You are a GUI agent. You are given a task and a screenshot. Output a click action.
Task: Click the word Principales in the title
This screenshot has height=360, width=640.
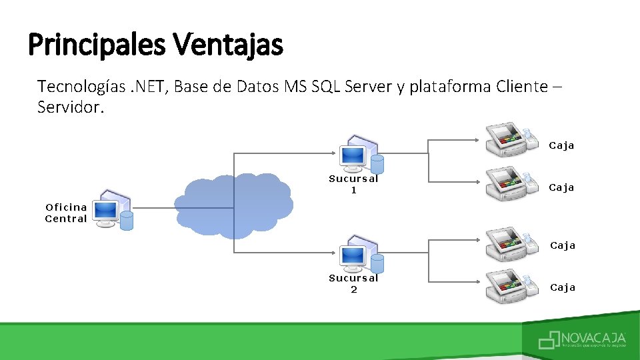(x=98, y=45)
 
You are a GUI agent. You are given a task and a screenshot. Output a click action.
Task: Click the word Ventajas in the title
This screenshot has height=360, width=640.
(x=229, y=45)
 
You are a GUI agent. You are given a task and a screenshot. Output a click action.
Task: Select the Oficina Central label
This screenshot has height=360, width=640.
(x=66, y=213)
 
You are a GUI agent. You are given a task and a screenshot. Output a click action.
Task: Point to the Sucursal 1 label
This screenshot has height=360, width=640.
(x=353, y=184)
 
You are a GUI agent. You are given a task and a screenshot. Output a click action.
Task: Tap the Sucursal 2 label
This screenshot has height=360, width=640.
(x=353, y=283)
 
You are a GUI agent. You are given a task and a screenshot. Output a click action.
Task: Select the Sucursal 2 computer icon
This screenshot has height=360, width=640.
(x=359, y=254)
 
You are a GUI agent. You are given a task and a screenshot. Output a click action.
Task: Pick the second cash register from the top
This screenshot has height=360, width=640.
(x=510, y=181)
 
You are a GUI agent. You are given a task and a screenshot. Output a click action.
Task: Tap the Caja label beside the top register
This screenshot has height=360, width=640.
(x=561, y=145)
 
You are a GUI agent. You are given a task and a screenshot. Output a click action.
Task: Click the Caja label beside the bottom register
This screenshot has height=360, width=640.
(x=562, y=287)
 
